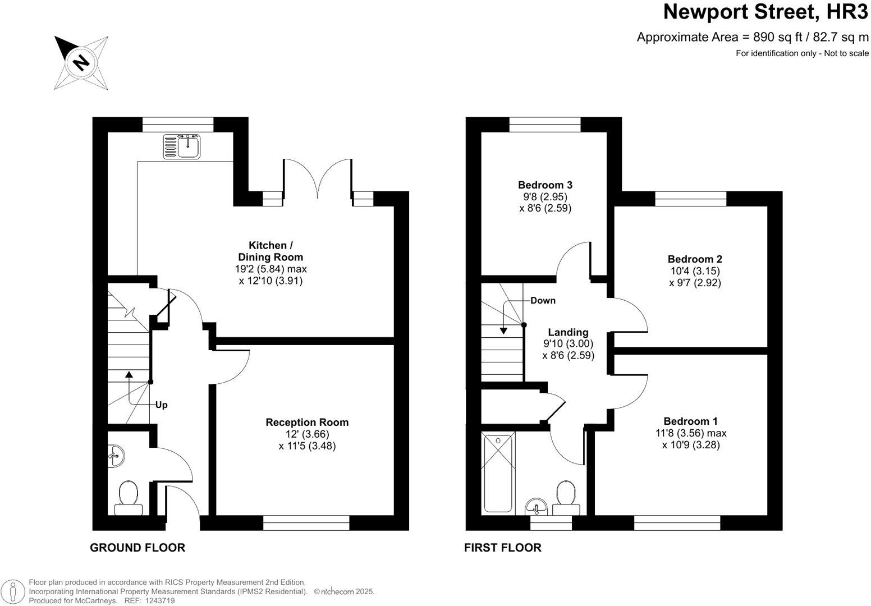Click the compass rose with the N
[81, 62]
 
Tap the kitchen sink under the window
[181, 146]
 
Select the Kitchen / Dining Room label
[271, 251]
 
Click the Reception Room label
[307, 423]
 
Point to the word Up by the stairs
[162, 405]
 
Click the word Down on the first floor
[543, 300]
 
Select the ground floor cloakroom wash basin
[116, 455]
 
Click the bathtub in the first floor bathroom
[498, 472]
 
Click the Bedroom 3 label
[545, 185]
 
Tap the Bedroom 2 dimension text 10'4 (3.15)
[695, 271]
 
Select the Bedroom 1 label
[690, 421]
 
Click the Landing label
[568, 332]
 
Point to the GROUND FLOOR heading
[137, 548]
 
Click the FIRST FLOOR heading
[502, 548]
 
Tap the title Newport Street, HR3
[765, 12]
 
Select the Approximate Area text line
[752, 37]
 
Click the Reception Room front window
[306, 523]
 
